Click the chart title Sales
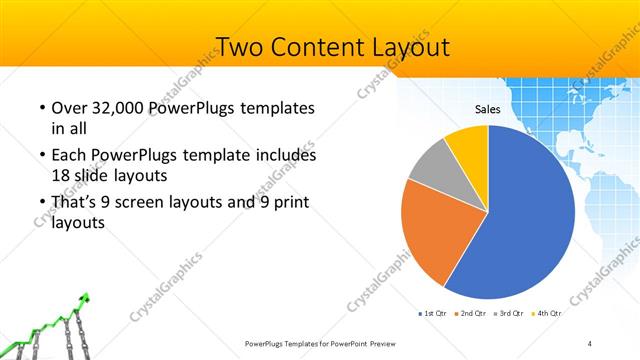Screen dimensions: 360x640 pos(487,109)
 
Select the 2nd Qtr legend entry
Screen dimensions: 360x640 pos(473,313)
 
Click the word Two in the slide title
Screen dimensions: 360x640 pos(240,47)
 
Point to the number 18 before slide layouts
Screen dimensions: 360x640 pos(61,174)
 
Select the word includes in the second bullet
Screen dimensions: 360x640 pos(285,156)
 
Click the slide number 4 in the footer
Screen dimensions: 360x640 pos(590,343)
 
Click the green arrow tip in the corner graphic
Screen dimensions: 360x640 pos(87,296)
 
